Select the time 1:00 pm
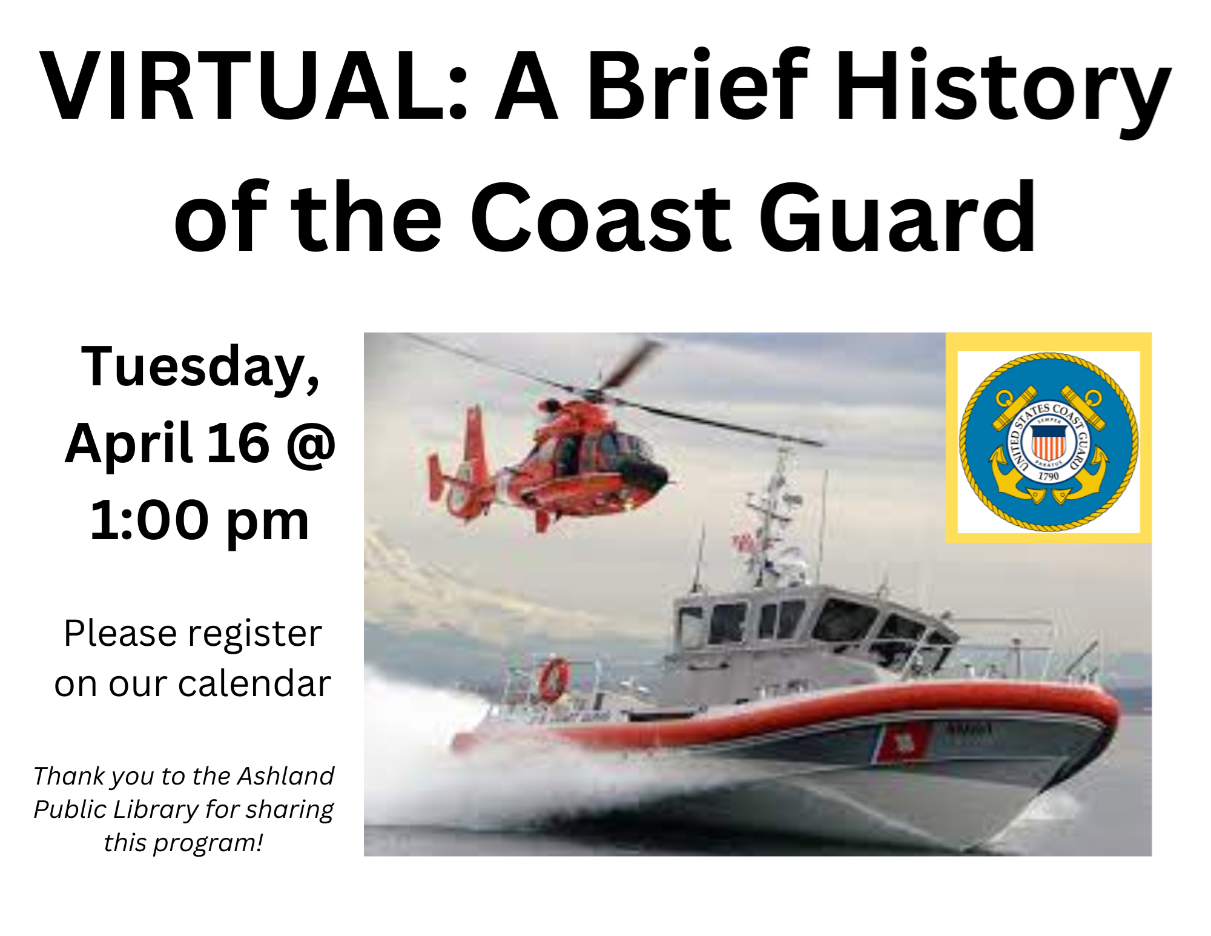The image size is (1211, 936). [x=199, y=520]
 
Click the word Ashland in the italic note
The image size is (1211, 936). [x=285, y=775]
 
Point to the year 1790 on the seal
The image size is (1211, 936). [x=1048, y=476]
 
